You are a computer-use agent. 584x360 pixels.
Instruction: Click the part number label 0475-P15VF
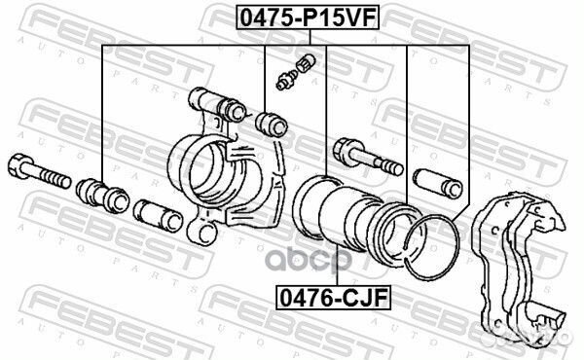tap(308, 18)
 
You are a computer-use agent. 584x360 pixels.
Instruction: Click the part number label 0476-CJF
tap(333, 298)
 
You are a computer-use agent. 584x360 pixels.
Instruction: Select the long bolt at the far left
tap(39, 171)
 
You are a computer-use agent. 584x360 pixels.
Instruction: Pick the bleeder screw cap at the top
tap(306, 62)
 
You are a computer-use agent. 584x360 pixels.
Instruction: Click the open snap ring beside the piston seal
tap(432, 247)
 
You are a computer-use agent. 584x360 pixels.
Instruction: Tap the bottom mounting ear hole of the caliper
tap(204, 234)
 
